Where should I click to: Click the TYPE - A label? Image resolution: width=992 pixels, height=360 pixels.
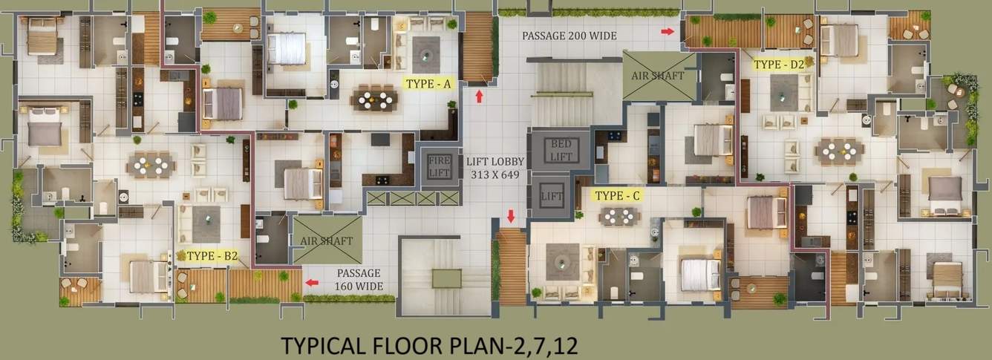428,84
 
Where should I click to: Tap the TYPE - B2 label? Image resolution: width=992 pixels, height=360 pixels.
212,256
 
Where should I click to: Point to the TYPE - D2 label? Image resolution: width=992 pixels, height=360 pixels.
779,65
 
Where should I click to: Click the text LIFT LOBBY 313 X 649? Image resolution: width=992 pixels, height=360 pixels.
496,167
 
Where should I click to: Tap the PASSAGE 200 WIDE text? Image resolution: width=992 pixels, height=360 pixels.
569,35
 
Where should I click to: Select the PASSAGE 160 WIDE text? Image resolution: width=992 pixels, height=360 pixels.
359,279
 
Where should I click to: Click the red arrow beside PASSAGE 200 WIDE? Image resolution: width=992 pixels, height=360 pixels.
668,31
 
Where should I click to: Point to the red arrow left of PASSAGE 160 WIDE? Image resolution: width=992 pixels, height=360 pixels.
313,282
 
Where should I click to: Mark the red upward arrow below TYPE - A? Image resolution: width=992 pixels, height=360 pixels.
479,96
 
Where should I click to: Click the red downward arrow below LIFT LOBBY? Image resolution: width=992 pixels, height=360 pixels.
511,216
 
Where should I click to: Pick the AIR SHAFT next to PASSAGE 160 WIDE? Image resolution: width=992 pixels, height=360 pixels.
327,240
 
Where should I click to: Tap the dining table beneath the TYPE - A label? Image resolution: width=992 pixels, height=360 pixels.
374,98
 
